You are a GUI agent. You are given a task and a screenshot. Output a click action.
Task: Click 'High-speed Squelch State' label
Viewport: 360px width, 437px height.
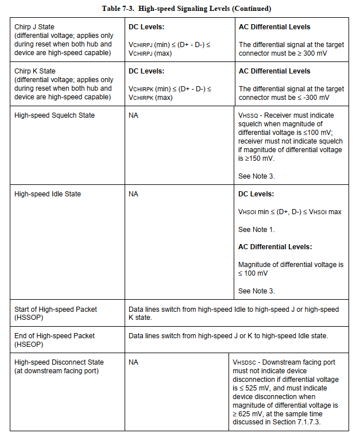coord(55,115)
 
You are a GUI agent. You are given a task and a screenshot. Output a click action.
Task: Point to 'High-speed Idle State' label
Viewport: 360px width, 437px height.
coord(48,194)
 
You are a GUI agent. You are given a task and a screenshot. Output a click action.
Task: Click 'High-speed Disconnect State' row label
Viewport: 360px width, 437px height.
coord(59,362)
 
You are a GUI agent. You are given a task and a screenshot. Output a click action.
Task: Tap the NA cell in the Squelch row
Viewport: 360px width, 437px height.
coord(133,115)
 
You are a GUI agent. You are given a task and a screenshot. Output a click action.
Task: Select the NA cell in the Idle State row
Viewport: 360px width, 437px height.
coord(133,194)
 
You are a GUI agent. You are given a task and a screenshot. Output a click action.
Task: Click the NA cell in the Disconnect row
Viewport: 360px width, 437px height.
coord(133,362)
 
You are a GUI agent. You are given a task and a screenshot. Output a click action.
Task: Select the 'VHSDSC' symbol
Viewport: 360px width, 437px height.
coord(245,362)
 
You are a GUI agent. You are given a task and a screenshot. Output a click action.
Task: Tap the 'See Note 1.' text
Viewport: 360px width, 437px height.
coord(257,230)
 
